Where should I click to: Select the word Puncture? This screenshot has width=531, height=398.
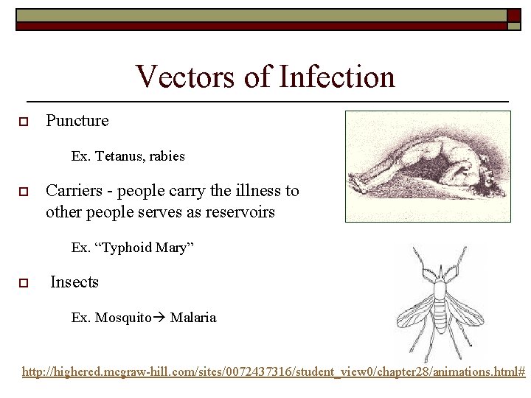77,120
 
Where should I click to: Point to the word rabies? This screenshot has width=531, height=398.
167,156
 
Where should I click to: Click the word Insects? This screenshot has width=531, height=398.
74,282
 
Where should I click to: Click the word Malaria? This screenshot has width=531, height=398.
193,318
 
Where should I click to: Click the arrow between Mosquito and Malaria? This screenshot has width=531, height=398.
159,318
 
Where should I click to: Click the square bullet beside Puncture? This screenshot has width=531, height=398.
24,122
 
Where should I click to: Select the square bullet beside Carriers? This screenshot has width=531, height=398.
24,192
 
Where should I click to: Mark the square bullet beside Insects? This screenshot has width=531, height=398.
24,283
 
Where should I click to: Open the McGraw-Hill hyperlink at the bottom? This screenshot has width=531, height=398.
274,373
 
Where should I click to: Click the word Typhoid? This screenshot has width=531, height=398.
127,248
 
